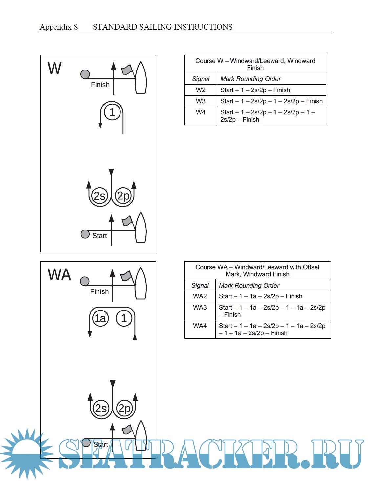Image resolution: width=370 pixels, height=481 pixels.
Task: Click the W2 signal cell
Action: pos(201,90)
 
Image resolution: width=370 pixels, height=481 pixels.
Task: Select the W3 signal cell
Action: pos(201,101)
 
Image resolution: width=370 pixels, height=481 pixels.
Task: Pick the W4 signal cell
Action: pos(201,112)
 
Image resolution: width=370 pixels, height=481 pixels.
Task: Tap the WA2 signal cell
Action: pos(200,296)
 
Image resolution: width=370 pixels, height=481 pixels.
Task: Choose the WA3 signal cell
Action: pos(200,307)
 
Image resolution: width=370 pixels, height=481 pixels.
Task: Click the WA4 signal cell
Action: pos(200,326)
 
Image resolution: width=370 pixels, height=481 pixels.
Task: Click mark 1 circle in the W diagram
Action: pos(112,112)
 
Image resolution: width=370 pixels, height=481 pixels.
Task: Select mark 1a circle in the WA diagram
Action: pos(100,318)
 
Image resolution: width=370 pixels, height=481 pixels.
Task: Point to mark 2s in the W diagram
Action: pos(99,196)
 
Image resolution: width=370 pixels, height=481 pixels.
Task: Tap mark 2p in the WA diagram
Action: pos(124,408)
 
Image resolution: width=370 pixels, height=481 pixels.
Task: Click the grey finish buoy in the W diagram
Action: pos(85,74)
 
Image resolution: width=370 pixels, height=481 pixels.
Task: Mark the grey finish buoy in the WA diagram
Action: pos(85,281)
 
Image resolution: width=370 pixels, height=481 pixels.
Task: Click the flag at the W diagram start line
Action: pos(127,221)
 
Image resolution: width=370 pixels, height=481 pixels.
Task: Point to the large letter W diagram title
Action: pos(54,68)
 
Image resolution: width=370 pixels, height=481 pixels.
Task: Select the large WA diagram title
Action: pos(59,274)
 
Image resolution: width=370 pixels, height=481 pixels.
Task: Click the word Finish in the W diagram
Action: pos(100,85)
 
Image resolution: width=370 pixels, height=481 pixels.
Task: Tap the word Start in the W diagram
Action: pos(99,236)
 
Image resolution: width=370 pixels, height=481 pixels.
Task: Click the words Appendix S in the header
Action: pos(59,27)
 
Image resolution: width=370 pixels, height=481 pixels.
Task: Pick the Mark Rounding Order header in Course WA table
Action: pos(249,285)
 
